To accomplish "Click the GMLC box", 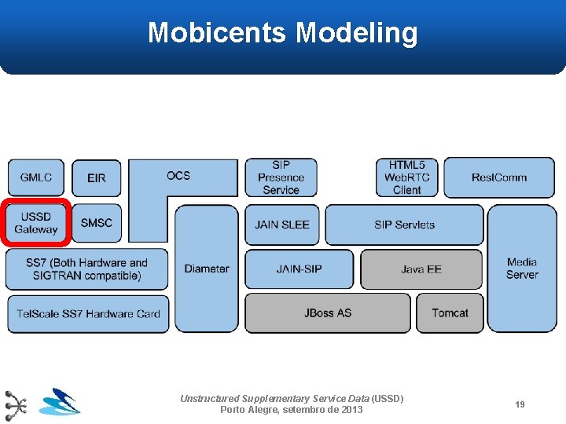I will [x=36, y=177].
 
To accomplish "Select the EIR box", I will [x=97, y=178].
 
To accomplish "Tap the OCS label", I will [x=178, y=175].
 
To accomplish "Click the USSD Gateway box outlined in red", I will [x=36, y=223].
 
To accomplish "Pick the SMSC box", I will [x=97, y=223].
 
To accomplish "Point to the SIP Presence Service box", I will [x=281, y=177].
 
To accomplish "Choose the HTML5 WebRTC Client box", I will [x=407, y=177].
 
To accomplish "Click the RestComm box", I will [x=499, y=177].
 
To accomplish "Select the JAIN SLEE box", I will [x=282, y=225].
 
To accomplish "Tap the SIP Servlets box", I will [x=404, y=225].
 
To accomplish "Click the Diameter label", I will [x=207, y=269].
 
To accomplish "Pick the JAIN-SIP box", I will [x=299, y=269].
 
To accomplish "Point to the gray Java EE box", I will [x=421, y=269].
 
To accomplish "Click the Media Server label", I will [x=522, y=269].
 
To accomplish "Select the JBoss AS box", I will [x=328, y=313].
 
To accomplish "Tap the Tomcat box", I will [x=450, y=313].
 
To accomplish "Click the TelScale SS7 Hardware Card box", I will [x=88, y=314].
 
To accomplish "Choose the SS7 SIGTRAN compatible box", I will [x=86, y=269].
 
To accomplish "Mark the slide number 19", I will [x=520, y=404].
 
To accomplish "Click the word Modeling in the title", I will [x=357, y=33].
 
